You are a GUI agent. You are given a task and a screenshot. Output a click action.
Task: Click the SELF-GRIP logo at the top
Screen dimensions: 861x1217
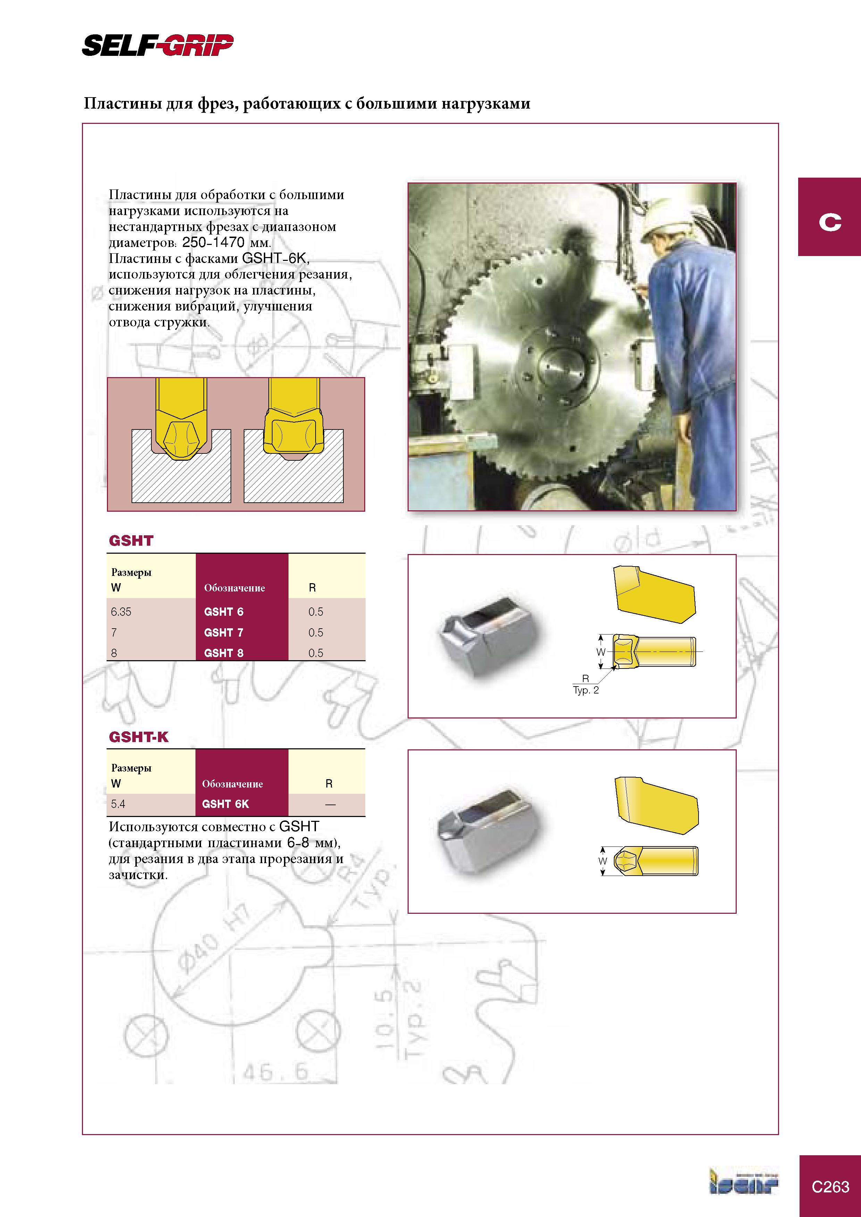click(x=158, y=45)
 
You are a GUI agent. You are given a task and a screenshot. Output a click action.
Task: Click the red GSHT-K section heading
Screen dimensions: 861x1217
click(x=139, y=737)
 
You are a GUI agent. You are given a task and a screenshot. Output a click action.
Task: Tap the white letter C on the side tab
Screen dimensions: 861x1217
click(x=830, y=222)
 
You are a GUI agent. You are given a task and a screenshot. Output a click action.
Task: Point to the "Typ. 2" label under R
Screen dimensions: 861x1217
click(x=586, y=690)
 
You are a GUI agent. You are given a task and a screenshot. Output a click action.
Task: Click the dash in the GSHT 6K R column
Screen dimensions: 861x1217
click(x=330, y=805)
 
